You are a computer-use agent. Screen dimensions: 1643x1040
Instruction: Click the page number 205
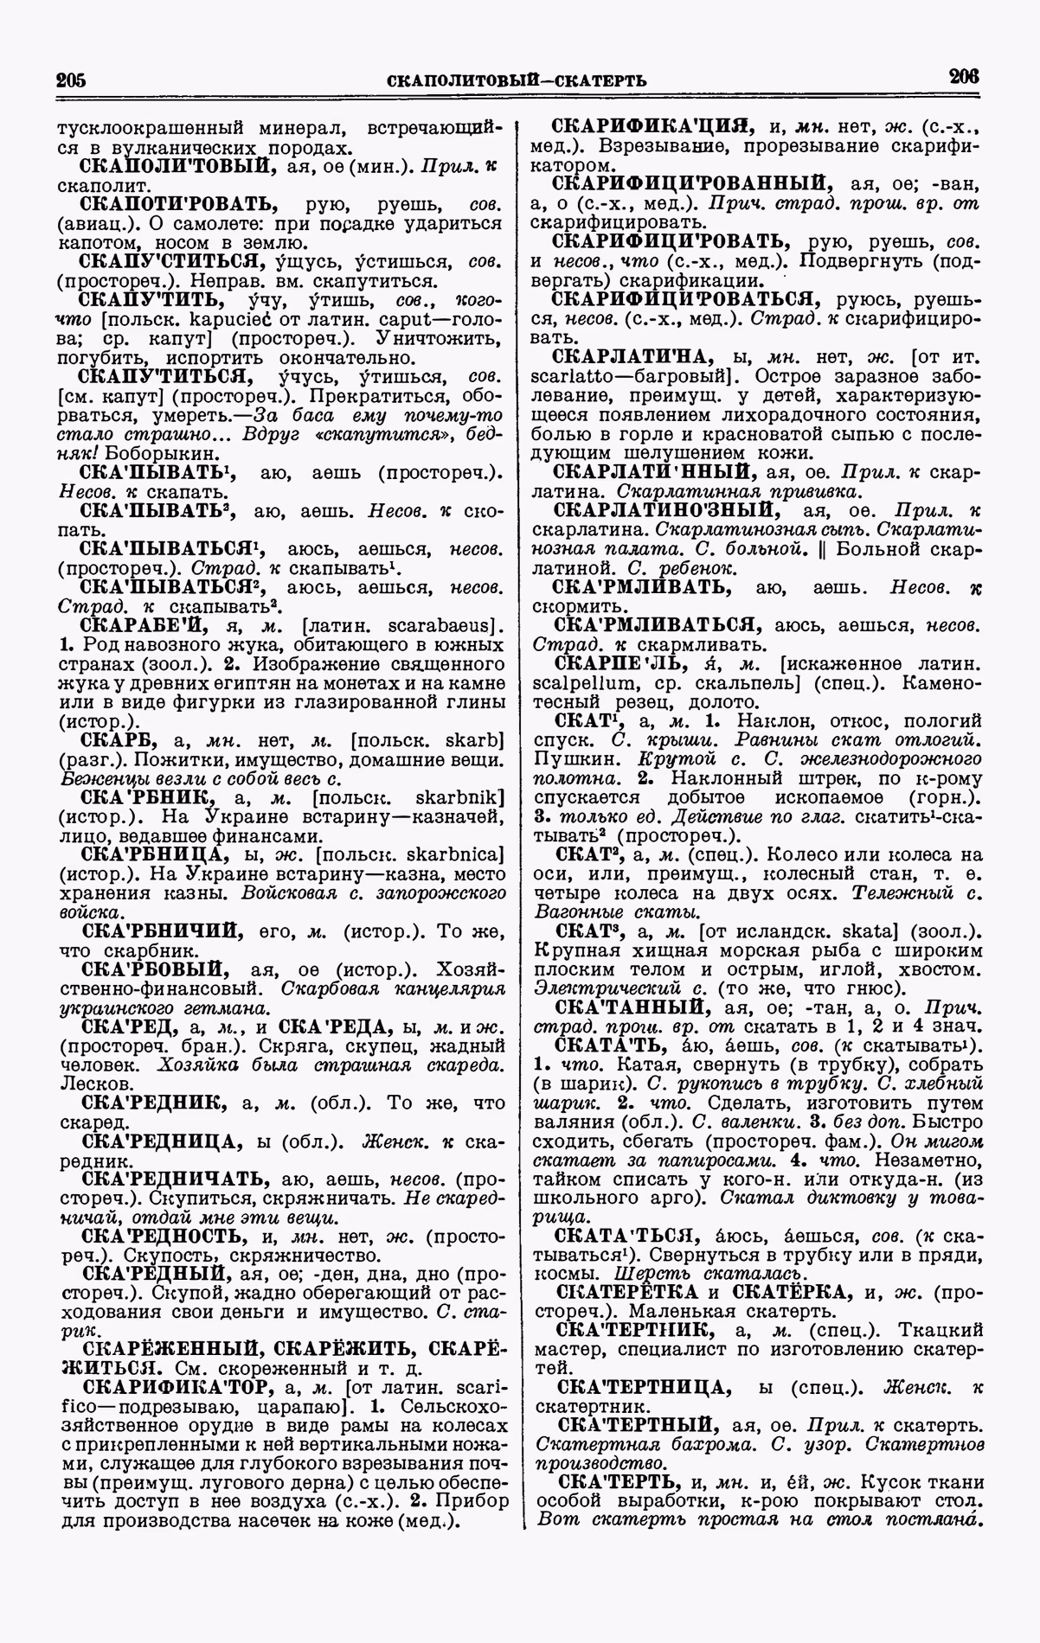pyautogui.click(x=71, y=80)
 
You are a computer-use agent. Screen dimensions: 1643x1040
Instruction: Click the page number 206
pyautogui.click(x=963, y=76)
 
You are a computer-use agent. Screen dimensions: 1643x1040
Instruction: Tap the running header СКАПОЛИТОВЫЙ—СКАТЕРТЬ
pyautogui.click(x=517, y=81)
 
